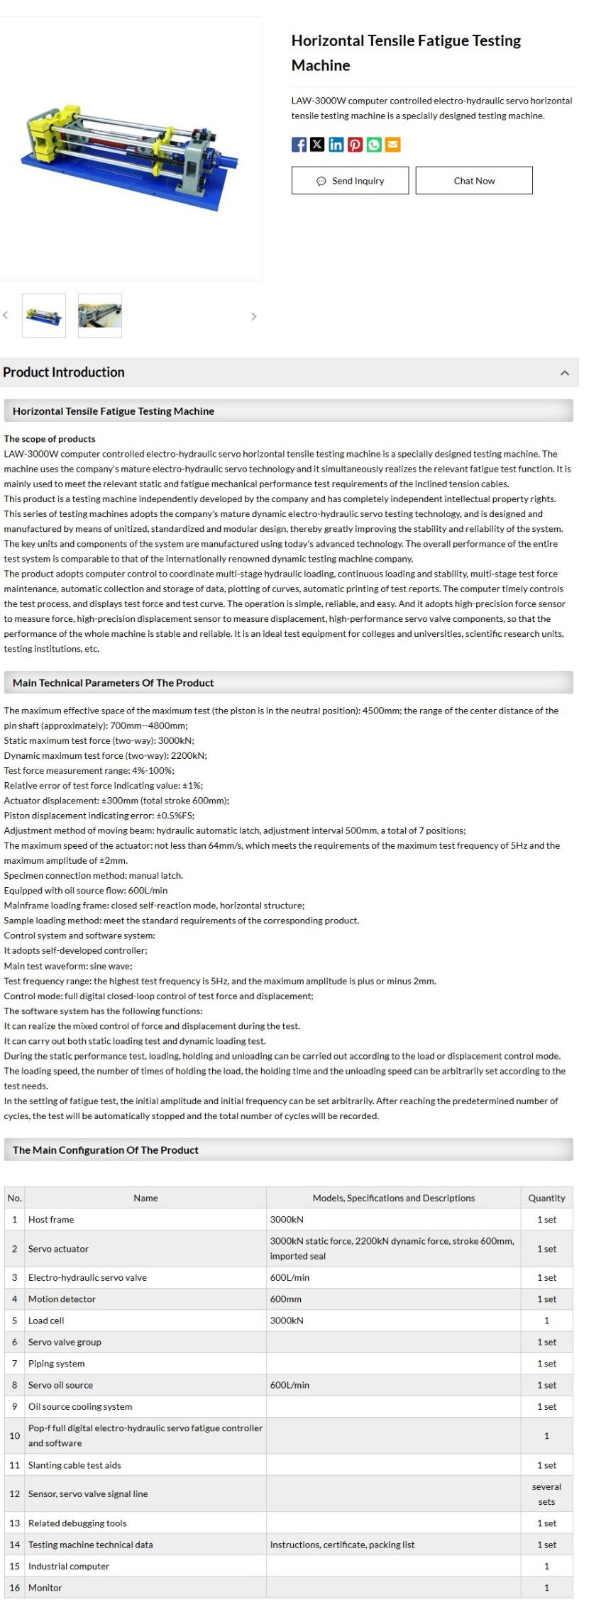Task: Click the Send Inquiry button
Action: (x=350, y=181)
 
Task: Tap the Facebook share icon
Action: (x=299, y=145)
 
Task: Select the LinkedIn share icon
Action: (x=336, y=145)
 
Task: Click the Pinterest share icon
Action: (x=355, y=145)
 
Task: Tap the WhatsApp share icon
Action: (x=373, y=145)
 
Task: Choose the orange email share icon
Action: (x=392, y=145)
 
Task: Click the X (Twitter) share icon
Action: (x=317, y=145)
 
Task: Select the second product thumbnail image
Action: (x=99, y=315)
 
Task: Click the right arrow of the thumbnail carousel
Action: (x=254, y=316)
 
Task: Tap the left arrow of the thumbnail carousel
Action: (x=6, y=315)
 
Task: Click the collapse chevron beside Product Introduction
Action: (x=565, y=373)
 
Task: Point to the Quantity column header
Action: (x=546, y=1198)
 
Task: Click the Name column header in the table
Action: (x=145, y=1198)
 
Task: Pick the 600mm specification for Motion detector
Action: (x=286, y=1299)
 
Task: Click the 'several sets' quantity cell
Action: (x=546, y=1494)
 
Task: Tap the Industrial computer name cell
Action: (x=69, y=1566)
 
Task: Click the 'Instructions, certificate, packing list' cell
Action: (x=342, y=1545)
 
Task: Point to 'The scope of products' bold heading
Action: (x=50, y=439)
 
